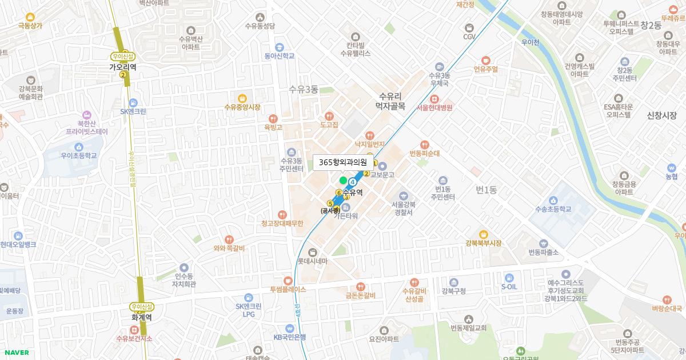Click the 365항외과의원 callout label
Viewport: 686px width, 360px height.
(342, 163)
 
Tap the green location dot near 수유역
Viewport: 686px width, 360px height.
(343, 181)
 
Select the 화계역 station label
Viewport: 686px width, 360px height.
(141, 317)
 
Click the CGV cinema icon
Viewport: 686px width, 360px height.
(469, 27)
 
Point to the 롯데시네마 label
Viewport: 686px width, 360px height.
(312, 262)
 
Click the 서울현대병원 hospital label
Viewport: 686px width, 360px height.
(434, 107)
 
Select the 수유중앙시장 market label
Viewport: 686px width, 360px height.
(242, 107)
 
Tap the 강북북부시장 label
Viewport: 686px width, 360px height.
(483, 243)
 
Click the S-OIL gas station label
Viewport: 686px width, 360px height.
(509, 286)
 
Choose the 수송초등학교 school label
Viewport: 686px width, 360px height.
(553, 209)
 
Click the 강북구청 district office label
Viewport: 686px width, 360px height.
(453, 291)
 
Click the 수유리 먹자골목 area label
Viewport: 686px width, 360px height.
(390, 101)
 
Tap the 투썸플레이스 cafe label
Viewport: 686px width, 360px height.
(288, 289)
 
